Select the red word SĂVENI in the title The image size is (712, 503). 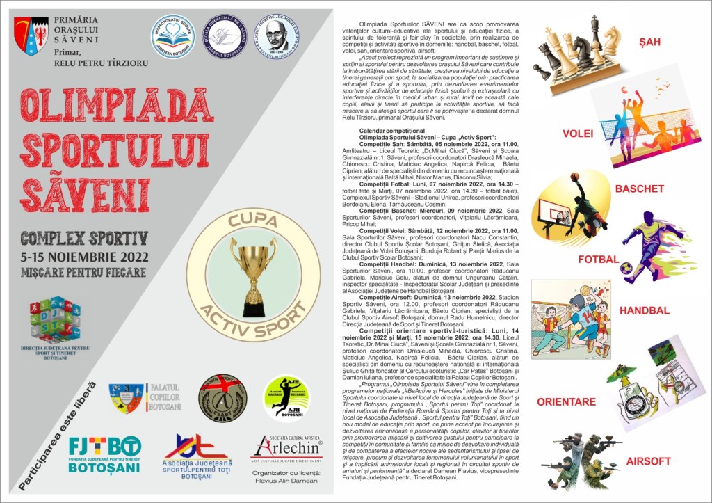85,191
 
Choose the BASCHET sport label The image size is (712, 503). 639,189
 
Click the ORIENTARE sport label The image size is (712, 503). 566,401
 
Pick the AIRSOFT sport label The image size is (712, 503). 648,461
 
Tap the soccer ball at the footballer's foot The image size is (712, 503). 626,268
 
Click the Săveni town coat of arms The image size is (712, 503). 31,37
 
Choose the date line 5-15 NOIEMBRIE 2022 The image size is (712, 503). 84,255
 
